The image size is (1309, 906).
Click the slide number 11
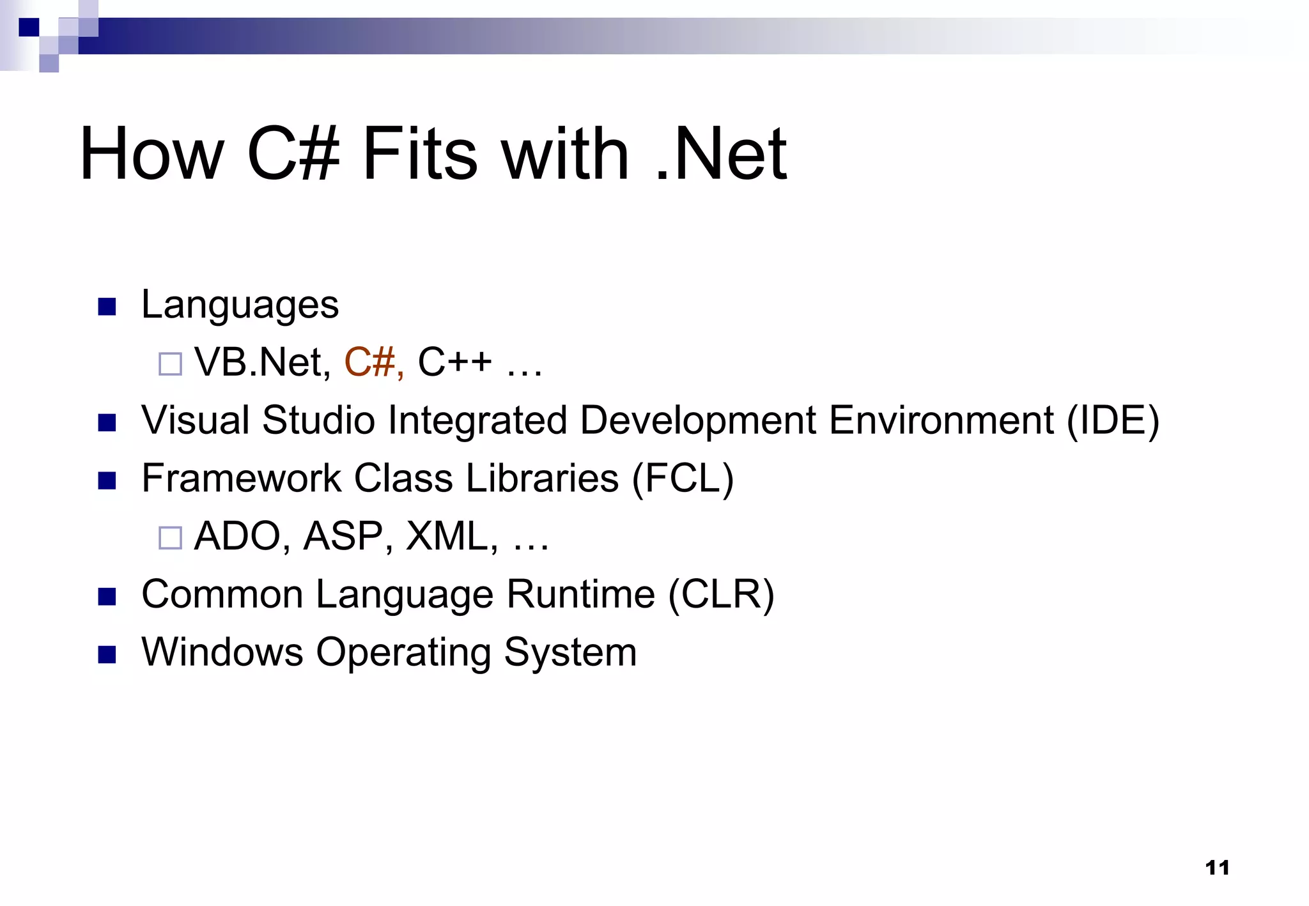coord(1217,868)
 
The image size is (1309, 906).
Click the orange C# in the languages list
coord(373,362)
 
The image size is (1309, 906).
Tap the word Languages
coord(240,305)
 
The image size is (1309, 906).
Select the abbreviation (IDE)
coord(1113,422)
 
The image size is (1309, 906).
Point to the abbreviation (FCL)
coord(683,479)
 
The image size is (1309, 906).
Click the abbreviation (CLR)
coord(721,595)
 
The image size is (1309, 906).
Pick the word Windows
coord(222,652)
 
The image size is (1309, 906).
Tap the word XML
coord(451,536)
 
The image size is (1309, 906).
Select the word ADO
coord(237,536)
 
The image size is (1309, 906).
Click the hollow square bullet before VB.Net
coord(170,364)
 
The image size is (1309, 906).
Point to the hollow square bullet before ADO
coord(170,538)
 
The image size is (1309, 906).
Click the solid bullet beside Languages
coord(107,307)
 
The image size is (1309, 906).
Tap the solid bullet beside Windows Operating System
coord(107,654)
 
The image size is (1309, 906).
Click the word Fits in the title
coord(419,154)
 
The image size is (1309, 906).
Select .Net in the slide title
coord(721,154)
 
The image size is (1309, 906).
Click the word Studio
coord(318,421)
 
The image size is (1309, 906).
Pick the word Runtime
coord(580,595)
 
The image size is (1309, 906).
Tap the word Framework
coord(241,479)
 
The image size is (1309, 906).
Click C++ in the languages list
coord(454,362)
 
